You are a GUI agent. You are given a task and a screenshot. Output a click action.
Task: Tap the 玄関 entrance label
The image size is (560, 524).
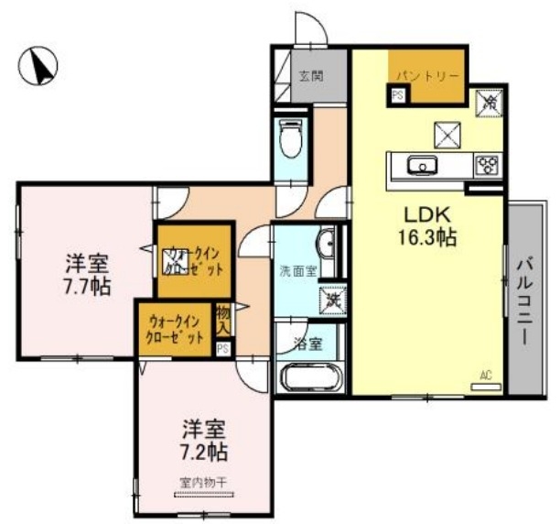tap(310, 77)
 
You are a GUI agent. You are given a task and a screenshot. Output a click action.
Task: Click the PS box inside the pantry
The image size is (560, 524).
tap(397, 94)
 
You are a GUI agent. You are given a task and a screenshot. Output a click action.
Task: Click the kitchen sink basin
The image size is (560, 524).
tap(424, 167)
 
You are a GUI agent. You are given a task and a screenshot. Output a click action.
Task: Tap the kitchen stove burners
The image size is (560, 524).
tap(487, 166)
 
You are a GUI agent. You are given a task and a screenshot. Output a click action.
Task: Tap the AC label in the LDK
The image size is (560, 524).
tap(486, 375)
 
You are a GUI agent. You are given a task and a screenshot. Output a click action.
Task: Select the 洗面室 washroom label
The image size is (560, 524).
tap(297, 271)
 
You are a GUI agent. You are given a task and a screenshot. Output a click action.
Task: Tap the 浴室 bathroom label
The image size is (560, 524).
tap(308, 344)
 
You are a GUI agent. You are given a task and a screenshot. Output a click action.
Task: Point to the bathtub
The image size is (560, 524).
tap(310, 377)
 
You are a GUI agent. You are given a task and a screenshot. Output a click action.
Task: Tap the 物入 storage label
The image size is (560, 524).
tap(223, 321)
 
